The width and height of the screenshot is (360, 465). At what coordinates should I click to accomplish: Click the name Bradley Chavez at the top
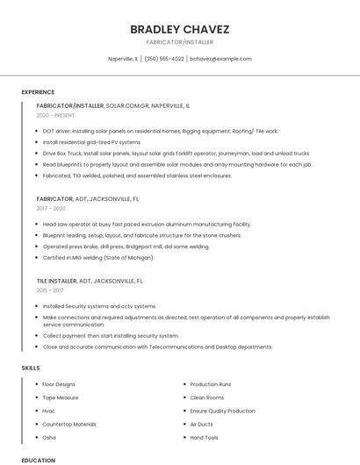tap(179, 29)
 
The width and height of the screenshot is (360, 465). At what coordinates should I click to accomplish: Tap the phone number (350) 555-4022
tap(164, 59)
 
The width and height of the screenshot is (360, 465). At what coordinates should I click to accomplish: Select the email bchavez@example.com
tap(221, 59)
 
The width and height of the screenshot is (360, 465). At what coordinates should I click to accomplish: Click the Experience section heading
tap(38, 92)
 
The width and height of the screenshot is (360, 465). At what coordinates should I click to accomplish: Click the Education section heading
tap(38, 460)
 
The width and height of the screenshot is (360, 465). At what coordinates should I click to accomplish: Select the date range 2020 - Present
tap(55, 115)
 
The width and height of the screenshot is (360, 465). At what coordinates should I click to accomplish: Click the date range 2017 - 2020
tap(51, 209)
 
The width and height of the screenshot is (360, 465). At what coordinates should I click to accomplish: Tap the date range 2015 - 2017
tap(50, 290)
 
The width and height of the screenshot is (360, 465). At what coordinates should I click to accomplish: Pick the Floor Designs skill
tap(59, 384)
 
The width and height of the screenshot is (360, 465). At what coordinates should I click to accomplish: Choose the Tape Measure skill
tap(61, 397)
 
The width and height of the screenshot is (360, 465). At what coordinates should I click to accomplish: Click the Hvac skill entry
tap(49, 411)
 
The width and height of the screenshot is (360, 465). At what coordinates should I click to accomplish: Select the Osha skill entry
tap(49, 437)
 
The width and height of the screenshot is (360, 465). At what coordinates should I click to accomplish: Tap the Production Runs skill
tap(211, 384)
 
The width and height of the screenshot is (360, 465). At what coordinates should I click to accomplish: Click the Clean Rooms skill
tap(207, 397)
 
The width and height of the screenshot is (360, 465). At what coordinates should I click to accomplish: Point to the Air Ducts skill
tap(202, 424)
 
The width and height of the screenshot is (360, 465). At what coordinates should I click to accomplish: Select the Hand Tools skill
tap(205, 437)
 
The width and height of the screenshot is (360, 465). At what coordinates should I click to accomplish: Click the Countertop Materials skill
tap(69, 424)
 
